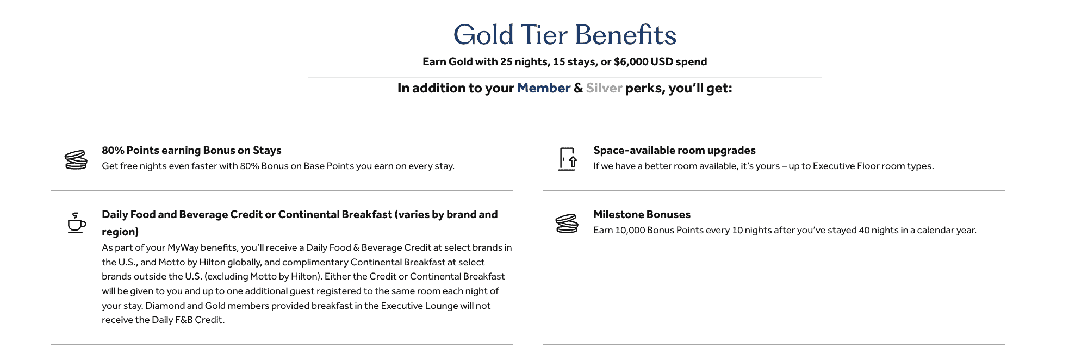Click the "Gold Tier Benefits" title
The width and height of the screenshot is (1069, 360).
pyautogui.click(x=564, y=35)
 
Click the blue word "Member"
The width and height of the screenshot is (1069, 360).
pyautogui.click(x=543, y=88)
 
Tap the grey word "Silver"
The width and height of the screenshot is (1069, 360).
pyautogui.click(x=604, y=88)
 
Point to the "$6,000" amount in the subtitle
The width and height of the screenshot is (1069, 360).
pyautogui.click(x=631, y=62)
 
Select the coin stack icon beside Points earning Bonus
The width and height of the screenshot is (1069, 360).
pyautogui.click(x=76, y=160)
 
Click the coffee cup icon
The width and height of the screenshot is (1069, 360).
pyautogui.click(x=76, y=224)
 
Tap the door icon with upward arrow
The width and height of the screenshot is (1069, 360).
pyautogui.click(x=568, y=159)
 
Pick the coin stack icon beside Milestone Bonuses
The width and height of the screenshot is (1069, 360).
pyautogui.click(x=567, y=224)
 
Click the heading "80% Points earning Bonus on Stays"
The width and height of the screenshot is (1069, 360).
pyautogui.click(x=191, y=151)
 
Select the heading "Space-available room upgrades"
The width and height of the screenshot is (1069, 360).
pyautogui.click(x=674, y=151)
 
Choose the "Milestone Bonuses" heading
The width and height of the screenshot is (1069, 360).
pyautogui.click(x=642, y=215)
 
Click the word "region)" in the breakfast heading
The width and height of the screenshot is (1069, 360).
pyautogui.click(x=120, y=232)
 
